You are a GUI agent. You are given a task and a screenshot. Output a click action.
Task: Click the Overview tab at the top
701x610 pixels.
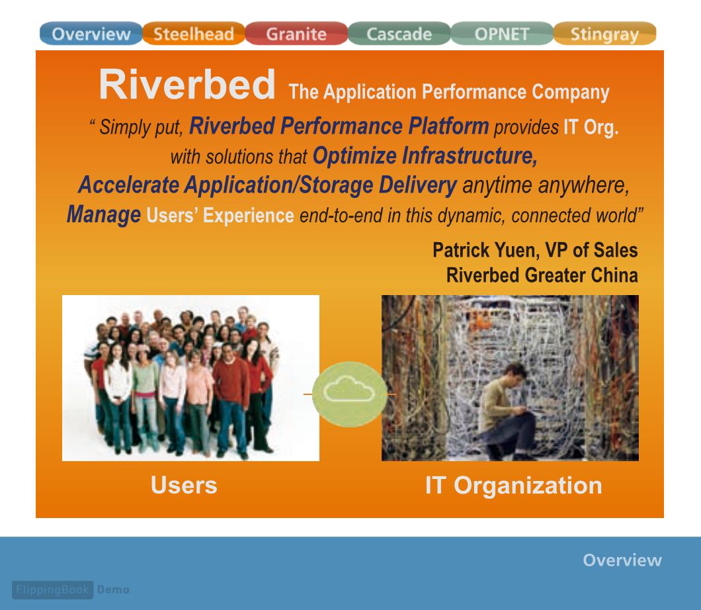(x=91, y=34)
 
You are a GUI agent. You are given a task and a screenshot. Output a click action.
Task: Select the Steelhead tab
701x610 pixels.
(x=194, y=34)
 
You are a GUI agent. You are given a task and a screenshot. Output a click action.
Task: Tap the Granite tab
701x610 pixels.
(x=296, y=34)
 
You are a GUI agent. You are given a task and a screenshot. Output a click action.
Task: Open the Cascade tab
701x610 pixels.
(x=399, y=34)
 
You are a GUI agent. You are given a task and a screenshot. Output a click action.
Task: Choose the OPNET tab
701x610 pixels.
(x=502, y=34)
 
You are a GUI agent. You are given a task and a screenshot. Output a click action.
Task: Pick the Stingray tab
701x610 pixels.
(x=605, y=34)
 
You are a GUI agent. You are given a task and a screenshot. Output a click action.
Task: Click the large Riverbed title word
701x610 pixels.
(x=187, y=85)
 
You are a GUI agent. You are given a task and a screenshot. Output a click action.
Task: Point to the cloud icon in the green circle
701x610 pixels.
(x=349, y=389)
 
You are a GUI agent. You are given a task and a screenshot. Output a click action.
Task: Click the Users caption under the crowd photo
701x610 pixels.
(x=184, y=485)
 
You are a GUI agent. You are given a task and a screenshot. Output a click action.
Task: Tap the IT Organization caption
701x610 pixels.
(x=514, y=486)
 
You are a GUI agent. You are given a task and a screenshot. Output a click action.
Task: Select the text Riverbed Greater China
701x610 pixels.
(x=542, y=275)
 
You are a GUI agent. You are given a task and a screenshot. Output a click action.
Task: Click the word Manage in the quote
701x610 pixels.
(x=104, y=214)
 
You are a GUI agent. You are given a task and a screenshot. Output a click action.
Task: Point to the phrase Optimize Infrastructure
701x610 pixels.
(x=425, y=155)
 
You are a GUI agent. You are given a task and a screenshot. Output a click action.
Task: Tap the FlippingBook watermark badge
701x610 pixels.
(x=53, y=590)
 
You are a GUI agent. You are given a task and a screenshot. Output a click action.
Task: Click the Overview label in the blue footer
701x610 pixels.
(x=622, y=560)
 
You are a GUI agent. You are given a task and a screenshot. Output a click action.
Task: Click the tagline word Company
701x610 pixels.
(x=571, y=92)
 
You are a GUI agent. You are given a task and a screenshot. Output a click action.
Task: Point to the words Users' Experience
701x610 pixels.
(x=220, y=216)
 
